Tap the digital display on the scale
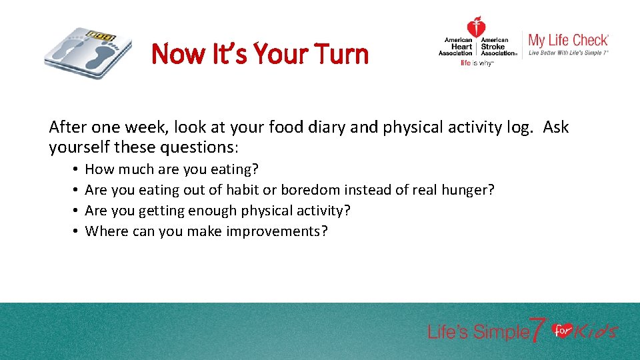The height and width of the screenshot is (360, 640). click(101, 35)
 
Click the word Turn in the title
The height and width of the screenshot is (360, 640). click(339, 53)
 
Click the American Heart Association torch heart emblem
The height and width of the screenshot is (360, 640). click(476, 29)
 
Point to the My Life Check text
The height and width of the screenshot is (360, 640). click(568, 40)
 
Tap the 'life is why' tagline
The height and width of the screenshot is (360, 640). click(476, 63)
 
